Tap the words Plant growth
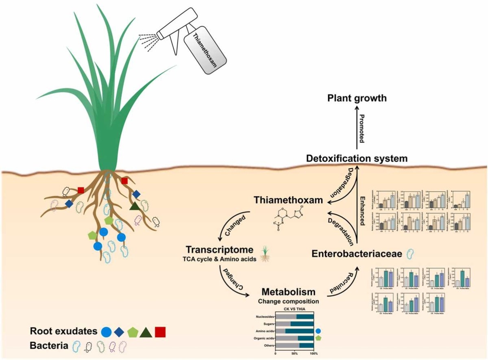pos(358,98)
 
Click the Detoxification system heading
pos(356,158)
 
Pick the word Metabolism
pos(288,292)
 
